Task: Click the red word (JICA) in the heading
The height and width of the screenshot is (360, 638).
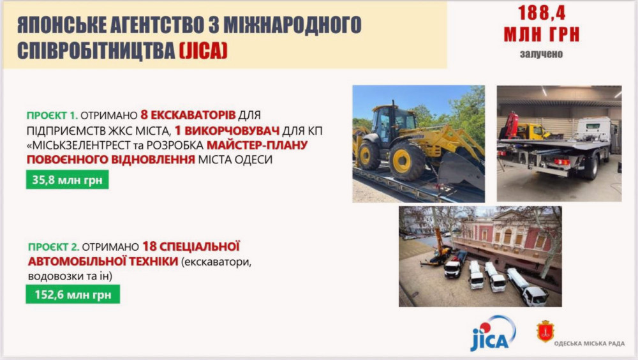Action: (203, 50)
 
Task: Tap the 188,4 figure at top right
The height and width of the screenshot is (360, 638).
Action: (542, 13)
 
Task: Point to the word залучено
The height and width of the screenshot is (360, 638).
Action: (541, 54)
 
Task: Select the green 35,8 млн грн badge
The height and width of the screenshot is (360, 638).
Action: (68, 179)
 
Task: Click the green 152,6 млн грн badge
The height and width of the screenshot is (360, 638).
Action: (73, 294)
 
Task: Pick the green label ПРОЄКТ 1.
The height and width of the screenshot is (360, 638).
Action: (52, 116)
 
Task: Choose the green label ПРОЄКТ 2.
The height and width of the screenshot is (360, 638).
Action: (54, 247)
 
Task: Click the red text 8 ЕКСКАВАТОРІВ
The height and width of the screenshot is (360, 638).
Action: (188, 115)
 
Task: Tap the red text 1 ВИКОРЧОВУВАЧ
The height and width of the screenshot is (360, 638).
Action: (227, 130)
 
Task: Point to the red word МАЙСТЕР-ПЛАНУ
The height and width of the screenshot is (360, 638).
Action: (257, 145)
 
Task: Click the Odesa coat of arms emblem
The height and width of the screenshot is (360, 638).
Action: (545, 331)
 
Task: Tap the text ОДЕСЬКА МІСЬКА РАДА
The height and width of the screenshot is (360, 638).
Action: (589, 343)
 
